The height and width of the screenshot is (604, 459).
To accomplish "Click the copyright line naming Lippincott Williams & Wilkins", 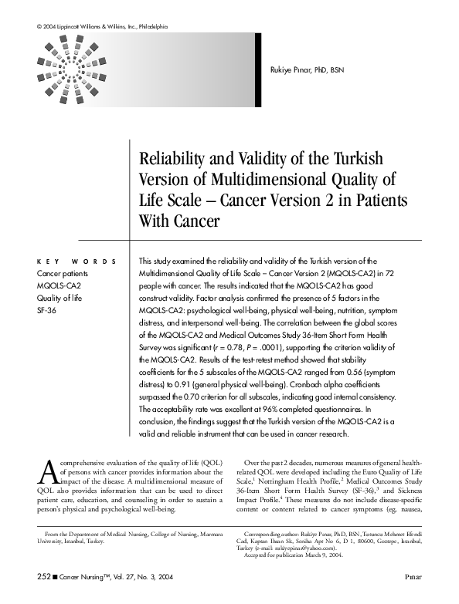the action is click(x=102, y=27).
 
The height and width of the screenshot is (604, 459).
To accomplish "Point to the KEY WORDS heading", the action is click(x=77, y=262).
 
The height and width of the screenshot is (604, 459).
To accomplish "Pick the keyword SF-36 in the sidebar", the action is click(x=47, y=311).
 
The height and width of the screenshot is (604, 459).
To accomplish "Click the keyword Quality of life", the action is click(x=59, y=299).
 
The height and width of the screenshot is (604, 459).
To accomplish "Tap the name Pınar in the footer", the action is click(x=413, y=575).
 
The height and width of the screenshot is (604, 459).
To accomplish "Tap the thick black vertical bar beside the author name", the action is click(x=258, y=69).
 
